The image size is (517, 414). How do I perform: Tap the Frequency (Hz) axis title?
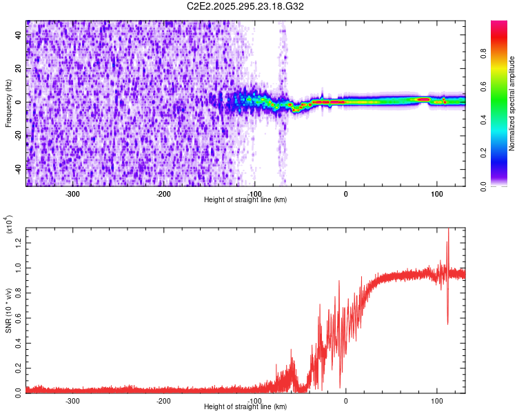pos(8,103)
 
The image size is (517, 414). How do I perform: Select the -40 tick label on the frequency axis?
pos(18,169)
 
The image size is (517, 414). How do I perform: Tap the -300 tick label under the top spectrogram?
pos(72,194)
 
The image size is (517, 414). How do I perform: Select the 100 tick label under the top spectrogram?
pos(436,194)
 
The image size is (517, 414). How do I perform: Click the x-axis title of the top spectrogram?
pos(245,200)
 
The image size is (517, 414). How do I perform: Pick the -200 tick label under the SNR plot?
pos(163,400)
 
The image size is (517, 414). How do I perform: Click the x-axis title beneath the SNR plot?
pos(245,407)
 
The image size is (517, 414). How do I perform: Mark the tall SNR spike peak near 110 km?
pos(449,230)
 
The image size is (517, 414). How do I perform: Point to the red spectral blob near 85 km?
pos(423,99)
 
